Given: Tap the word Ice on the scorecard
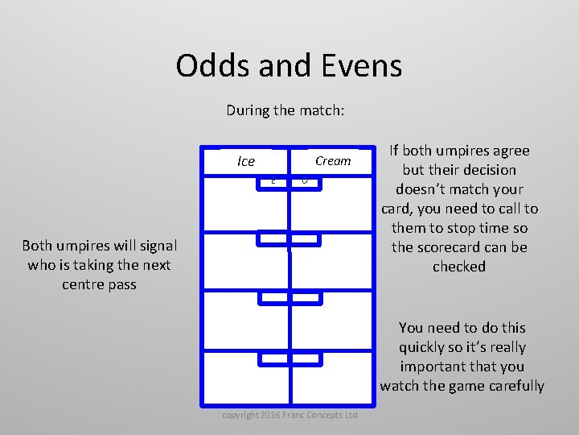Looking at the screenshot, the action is (246, 161).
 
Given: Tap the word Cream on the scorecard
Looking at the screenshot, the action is (333, 161).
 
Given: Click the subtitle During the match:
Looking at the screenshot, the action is (285, 110).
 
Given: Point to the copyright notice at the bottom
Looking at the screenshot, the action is (289, 415).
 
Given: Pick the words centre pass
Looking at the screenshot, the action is (99, 284).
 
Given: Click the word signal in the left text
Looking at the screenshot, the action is (158, 246).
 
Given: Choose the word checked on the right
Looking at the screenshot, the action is (459, 267).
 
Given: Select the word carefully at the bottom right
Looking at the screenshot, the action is (509, 386).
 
